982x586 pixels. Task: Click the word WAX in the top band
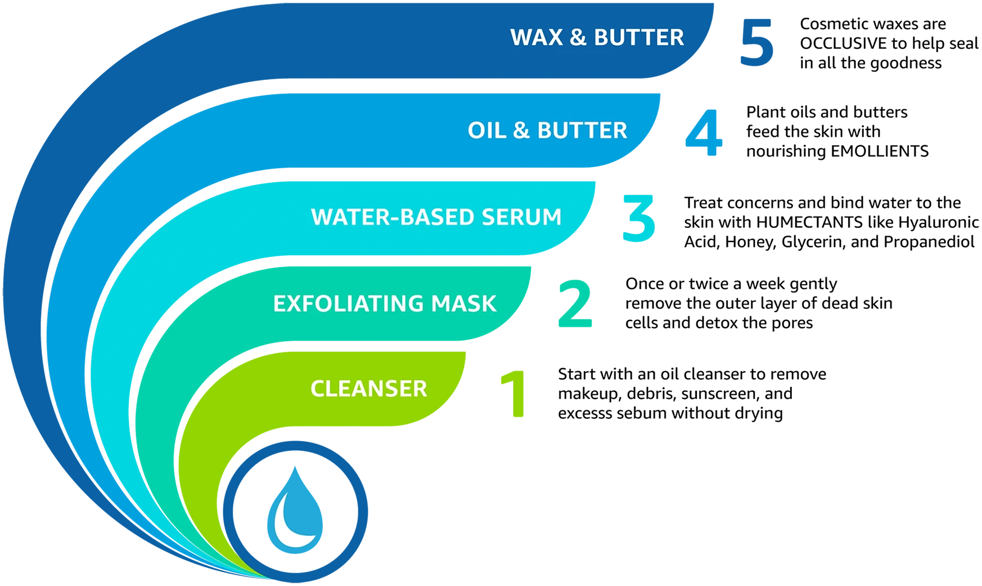535,38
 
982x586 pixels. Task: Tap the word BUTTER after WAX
639,38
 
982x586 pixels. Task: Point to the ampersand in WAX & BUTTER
578,38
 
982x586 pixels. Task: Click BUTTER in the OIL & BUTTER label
582,131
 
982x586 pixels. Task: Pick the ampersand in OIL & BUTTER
521,131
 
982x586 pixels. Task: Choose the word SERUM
521,217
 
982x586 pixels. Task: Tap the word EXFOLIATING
348,304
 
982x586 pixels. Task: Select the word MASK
464,304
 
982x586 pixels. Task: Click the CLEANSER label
369,389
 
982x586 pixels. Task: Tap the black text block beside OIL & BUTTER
861,131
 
